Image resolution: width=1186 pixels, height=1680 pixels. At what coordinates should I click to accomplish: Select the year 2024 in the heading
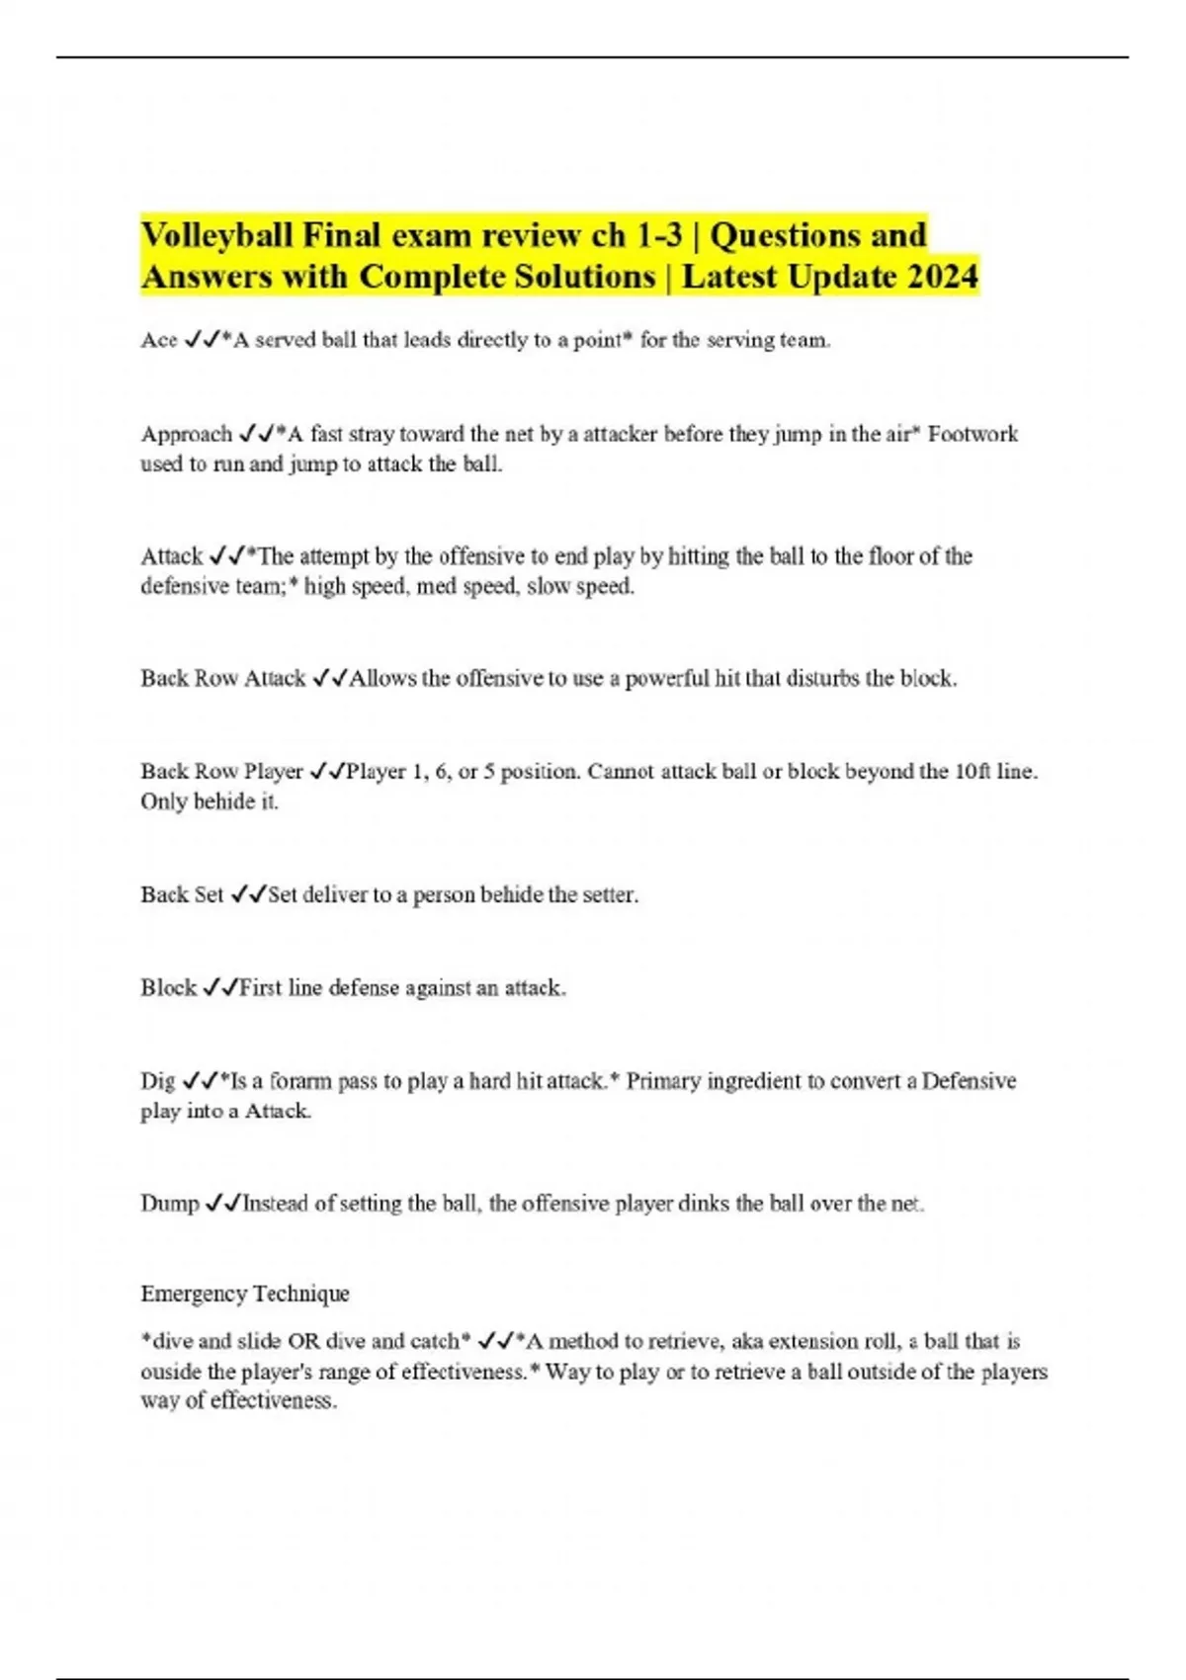click(x=942, y=276)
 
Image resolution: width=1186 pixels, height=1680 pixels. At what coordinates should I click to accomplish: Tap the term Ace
click(x=159, y=340)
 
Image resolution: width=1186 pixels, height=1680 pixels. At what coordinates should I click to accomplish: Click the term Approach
click(x=186, y=434)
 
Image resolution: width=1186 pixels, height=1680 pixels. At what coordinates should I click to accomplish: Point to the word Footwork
click(x=973, y=434)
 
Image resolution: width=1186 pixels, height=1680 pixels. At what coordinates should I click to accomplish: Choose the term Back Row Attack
click(x=223, y=678)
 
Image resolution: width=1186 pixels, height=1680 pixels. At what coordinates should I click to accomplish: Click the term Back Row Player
click(x=221, y=771)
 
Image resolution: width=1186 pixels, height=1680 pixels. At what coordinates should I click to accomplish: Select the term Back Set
click(x=182, y=894)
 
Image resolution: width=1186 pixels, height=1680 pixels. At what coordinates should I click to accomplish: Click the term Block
click(x=168, y=987)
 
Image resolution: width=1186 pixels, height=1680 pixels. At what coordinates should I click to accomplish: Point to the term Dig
click(x=157, y=1081)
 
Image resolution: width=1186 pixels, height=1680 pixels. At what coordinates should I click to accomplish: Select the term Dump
click(x=170, y=1204)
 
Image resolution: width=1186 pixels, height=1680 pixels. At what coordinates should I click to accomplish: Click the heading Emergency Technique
click(x=245, y=1294)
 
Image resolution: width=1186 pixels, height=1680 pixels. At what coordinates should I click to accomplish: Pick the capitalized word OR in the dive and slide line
click(x=303, y=1341)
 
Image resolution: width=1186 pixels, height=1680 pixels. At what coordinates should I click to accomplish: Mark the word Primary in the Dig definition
click(x=664, y=1081)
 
